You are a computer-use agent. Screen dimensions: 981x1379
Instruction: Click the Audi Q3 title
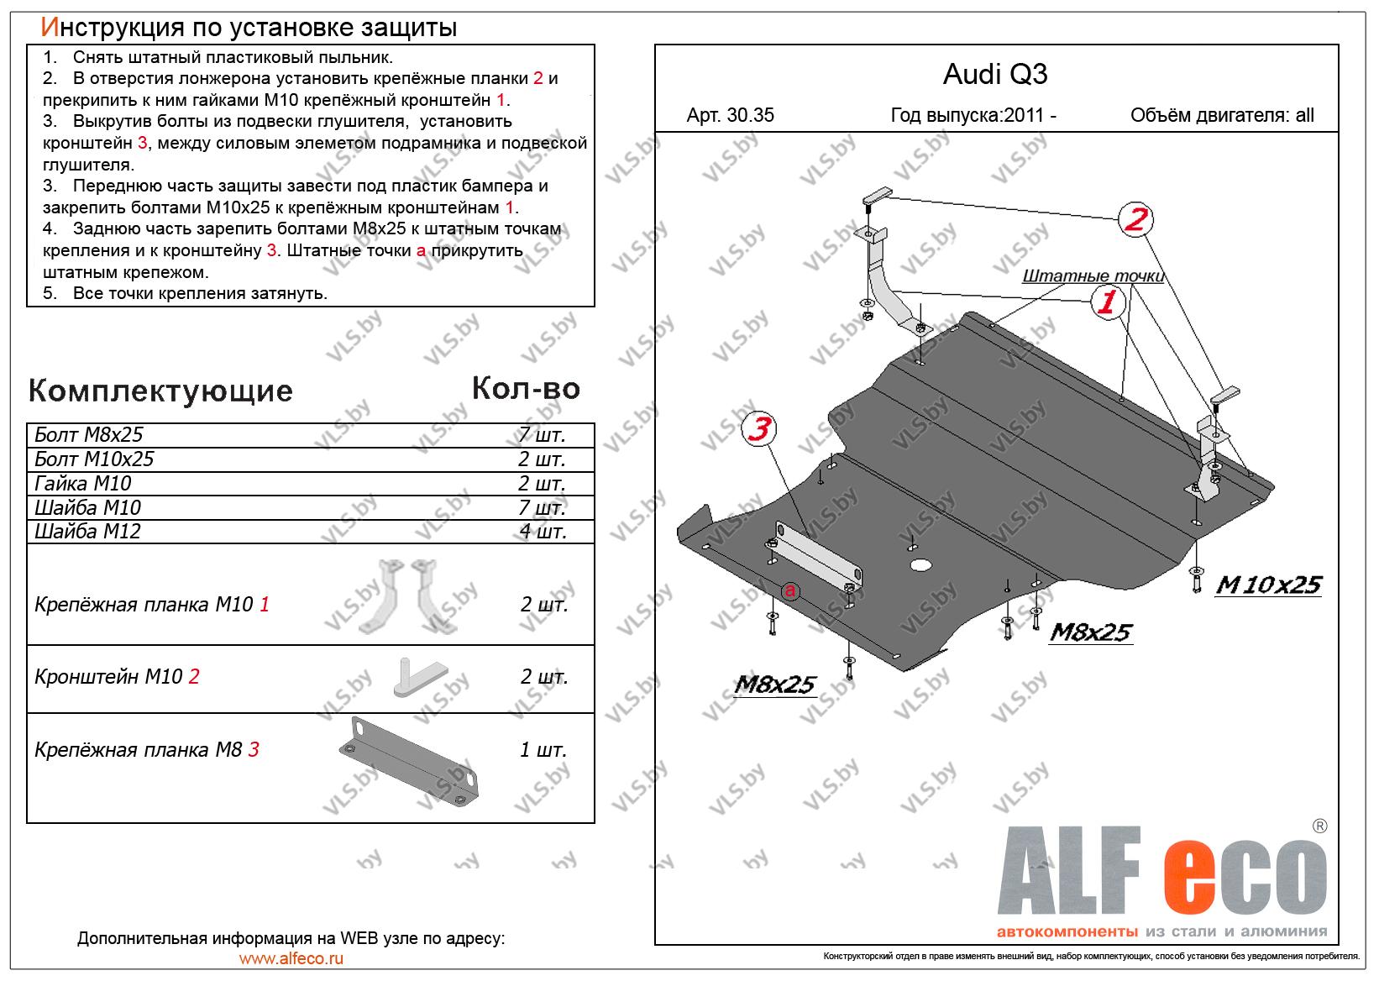point(995,75)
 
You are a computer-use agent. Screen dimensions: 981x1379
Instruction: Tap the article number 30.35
point(730,116)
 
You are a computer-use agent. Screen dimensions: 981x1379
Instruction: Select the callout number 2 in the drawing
point(1135,220)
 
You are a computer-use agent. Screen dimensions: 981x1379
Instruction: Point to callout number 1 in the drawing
point(1108,302)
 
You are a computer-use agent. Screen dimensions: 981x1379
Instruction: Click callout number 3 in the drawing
point(759,430)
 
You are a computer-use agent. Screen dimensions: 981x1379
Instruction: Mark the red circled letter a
point(789,592)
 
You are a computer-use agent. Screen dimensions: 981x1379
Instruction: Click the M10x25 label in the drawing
point(1268,585)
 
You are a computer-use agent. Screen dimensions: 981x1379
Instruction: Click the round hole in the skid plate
point(922,564)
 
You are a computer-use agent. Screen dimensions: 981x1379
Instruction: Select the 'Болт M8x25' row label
point(89,434)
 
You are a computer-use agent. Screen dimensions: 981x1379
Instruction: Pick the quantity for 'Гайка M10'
point(541,483)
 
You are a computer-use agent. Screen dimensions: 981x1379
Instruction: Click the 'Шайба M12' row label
point(87,531)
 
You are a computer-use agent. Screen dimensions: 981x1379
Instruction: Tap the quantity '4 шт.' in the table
point(542,531)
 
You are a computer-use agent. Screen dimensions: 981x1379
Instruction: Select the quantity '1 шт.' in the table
point(543,749)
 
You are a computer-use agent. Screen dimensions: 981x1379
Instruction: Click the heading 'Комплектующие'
point(160,391)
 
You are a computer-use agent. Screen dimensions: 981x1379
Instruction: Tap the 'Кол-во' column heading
point(526,388)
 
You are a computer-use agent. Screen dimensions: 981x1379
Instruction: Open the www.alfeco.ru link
point(291,958)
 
